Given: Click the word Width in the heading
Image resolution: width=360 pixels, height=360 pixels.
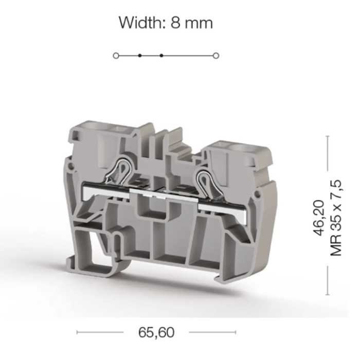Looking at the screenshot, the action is (x=140, y=23).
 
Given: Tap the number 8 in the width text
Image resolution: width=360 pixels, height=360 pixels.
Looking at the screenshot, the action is (x=175, y=23).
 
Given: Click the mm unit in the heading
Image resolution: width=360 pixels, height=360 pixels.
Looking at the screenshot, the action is (x=199, y=24).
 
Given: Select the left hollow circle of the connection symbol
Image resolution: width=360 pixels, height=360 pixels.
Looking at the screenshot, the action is (x=116, y=56).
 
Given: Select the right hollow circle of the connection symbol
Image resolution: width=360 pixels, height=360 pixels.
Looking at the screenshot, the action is (x=216, y=56).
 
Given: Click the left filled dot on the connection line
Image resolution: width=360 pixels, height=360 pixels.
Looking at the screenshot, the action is (x=139, y=56).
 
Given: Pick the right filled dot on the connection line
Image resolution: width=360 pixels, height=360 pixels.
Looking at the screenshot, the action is (x=161, y=56).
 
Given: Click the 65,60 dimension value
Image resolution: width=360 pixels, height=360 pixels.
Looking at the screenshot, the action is (x=156, y=332).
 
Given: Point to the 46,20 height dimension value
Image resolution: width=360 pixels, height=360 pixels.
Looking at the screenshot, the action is (x=319, y=218).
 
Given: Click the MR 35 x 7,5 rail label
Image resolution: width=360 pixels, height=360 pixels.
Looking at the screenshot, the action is (x=336, y=218).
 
